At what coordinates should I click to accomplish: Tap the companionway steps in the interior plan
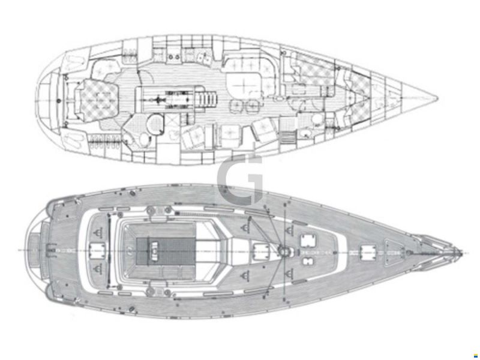(209, 98)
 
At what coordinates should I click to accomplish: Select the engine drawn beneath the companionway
(175, 99)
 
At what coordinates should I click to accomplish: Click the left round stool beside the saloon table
(236, 106)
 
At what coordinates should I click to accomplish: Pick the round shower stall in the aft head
(155, 124)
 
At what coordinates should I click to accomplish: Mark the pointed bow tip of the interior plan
(436, 98)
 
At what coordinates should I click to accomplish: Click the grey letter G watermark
(241, 180)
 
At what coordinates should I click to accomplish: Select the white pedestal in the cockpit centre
(155, 248)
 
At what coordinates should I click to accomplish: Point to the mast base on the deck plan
(284, 252)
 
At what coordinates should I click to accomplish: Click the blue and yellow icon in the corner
(475, 356)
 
